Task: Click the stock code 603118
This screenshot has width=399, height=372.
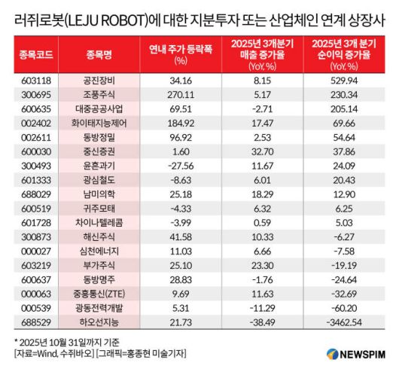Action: pos(32,78)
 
